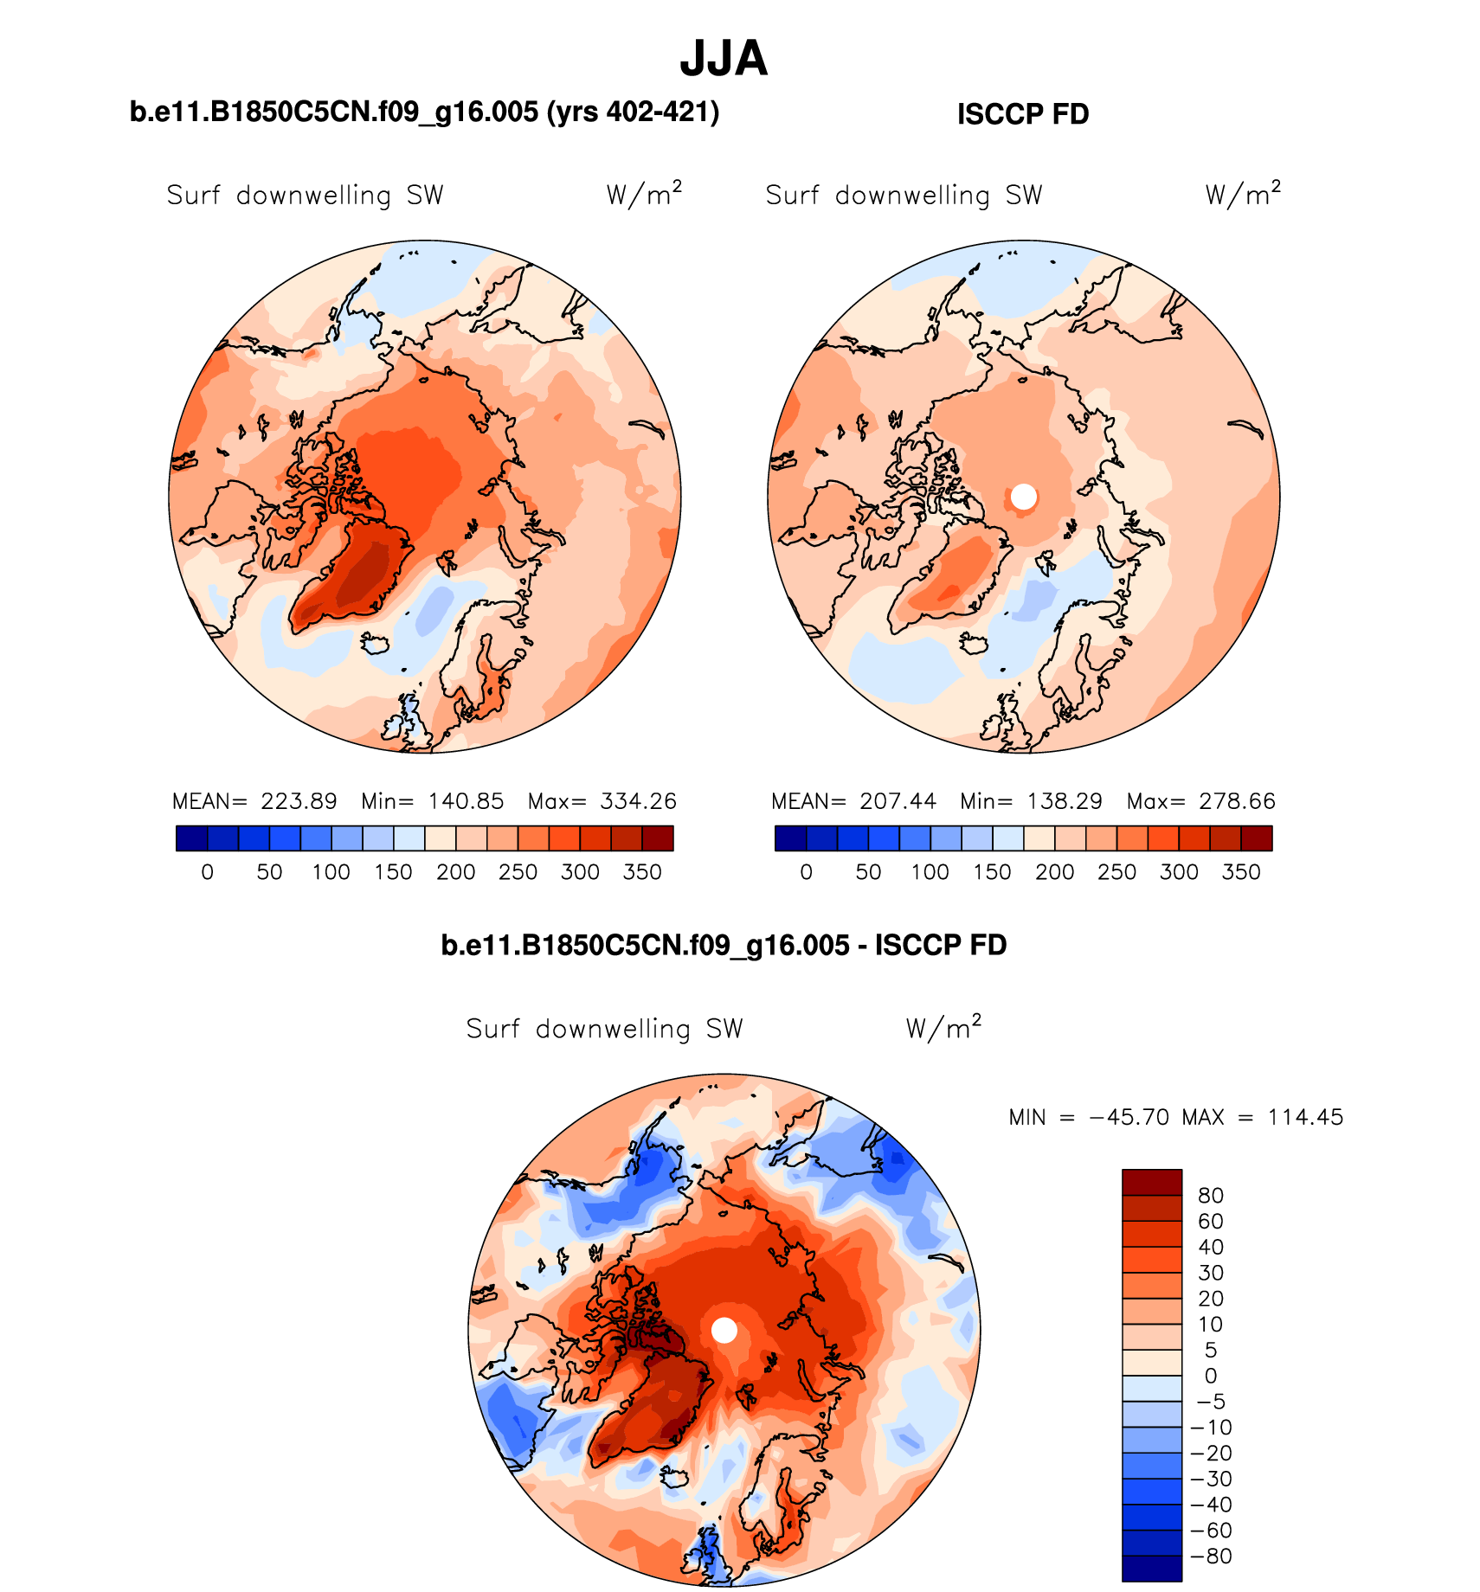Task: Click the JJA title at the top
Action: (x=724, y=59)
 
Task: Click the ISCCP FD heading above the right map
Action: (x=1022, y=114)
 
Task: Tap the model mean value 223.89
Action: (x=299, y=801)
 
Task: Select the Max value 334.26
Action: (x=638, y=801)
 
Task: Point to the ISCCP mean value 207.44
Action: (x=898, y=801)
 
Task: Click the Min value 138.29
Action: (x=1065, y=801)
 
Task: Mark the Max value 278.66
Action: (x=1237, y=801)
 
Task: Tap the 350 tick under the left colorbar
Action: (x=642, y=872)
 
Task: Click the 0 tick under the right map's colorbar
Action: (x=806, y=872)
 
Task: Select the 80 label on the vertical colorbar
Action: (x=1210, y=1196)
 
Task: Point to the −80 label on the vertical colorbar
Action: (x=1212, y=1556)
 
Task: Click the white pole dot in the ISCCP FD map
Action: (x=1024, y=497)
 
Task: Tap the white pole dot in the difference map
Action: (x=724, y=1330)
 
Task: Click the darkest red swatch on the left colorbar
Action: (x=658, y=838)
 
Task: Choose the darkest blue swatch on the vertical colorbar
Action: (x=1151, y=1568)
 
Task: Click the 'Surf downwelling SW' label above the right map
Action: (x=904, y=196)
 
